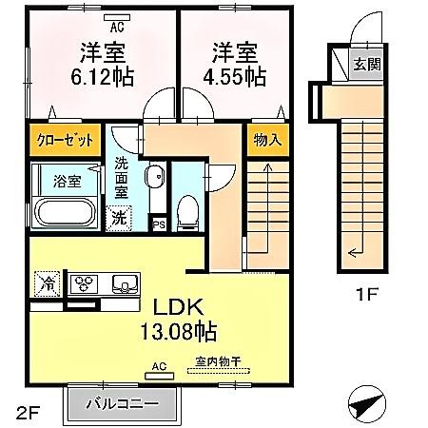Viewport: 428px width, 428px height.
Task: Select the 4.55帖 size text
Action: (231, 78)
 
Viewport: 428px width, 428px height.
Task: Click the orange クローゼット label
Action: (65, 140)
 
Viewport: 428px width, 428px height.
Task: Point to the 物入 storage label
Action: (266, 140)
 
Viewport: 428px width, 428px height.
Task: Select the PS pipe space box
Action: (159, 224)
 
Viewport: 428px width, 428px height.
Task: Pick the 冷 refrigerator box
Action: (46, 282)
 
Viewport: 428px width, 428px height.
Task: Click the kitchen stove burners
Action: (86, 282)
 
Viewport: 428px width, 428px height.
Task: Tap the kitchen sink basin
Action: (124, 282)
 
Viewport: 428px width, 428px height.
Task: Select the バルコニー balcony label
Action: (123, 402)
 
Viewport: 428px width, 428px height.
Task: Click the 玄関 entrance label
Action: (366, 65)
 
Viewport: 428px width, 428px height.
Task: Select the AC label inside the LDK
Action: (160, 364)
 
